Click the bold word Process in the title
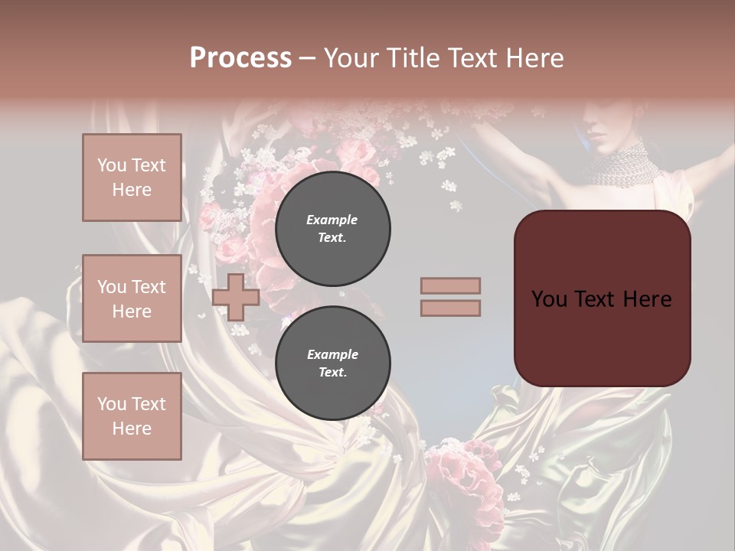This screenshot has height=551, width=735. coord(240,57)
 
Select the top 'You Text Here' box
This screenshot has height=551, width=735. coord(132,178)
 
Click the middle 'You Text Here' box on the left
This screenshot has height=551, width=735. coord(132,298)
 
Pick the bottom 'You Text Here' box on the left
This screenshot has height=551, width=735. coord(132,416)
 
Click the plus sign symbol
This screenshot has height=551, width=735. coord(236,297)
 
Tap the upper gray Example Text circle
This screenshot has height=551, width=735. coord(332,229)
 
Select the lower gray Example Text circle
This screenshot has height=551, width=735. coord(332,364)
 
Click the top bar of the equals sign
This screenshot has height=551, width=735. coord(450,285)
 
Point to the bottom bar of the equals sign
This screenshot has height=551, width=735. coord(450,308)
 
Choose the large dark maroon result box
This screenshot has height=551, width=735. coord(602,298)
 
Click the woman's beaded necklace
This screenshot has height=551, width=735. coord(622,165)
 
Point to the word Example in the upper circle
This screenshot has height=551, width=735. coord(332,220)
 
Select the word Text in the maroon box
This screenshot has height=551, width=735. coord(607,298)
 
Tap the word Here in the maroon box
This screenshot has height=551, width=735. coord(648,298)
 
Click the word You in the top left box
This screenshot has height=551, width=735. coord(112,165)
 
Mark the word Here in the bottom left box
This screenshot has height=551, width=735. coord(132,428)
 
